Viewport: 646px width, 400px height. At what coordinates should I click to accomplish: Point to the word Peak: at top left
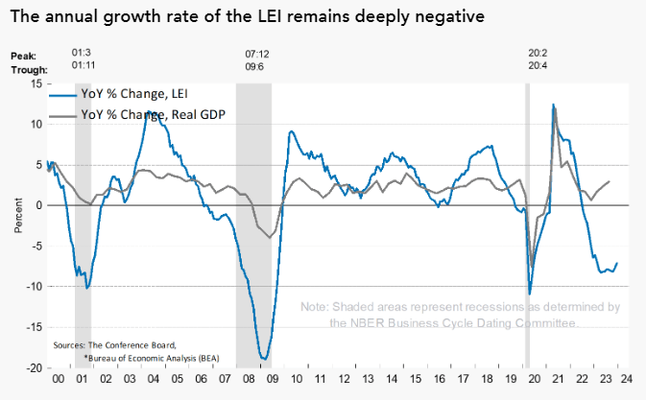pos(23,58)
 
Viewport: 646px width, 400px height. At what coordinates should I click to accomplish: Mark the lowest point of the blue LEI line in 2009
pos(264,360)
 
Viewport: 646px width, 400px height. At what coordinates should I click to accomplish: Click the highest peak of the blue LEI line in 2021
pos(554,106)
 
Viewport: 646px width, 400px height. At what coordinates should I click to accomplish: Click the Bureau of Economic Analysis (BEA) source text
pos(138,356)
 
